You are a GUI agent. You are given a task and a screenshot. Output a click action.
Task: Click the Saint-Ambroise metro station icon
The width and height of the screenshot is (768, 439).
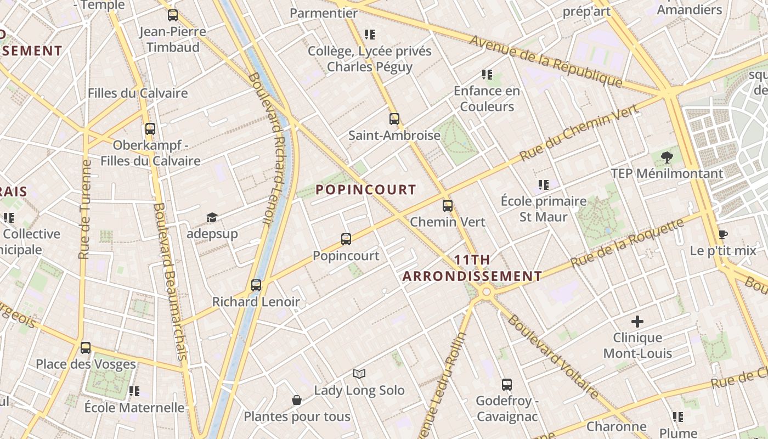click(394, 119)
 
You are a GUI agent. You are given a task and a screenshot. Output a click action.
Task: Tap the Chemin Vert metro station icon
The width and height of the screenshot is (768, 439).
click(448, 206)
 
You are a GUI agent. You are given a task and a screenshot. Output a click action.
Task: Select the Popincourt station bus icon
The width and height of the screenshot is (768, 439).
click(346, 239)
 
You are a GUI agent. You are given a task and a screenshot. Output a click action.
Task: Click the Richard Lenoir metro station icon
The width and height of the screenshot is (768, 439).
click(256, 285)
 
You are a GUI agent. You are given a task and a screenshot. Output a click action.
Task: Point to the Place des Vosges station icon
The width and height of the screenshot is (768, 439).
click(86, 348)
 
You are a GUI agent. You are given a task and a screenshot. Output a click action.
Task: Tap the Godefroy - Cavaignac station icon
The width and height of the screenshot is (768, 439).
click(507, 385)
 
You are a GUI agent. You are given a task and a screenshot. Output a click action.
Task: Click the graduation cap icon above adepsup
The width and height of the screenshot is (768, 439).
click(212, 218)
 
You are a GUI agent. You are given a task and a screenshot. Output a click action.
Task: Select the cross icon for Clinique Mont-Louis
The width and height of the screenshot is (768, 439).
click(637, 322)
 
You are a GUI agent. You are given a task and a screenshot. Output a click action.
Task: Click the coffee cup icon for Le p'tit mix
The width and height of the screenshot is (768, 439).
click(723, 235)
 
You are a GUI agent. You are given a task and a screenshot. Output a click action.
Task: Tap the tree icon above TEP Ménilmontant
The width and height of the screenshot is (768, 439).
click(667, 157)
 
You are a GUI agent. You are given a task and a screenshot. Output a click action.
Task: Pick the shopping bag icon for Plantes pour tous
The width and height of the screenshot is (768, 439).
click(297, 400)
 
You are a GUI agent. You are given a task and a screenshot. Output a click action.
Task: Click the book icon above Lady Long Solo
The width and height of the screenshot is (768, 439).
click(359, 374)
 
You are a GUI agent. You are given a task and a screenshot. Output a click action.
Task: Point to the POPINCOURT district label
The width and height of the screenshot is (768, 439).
click(366, 190)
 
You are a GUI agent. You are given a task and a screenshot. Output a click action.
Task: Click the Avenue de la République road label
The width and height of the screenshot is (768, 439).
click(546, 61)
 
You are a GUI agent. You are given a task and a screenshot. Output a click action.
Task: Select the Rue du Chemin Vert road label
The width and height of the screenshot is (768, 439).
click(579, 132)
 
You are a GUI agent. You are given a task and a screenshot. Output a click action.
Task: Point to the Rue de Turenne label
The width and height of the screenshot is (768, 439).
click(84, 209)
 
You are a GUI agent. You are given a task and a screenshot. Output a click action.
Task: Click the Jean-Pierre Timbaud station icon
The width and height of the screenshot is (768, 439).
click(173, 15)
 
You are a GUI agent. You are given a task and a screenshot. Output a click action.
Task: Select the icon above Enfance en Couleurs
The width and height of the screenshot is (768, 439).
click(487, 75)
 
